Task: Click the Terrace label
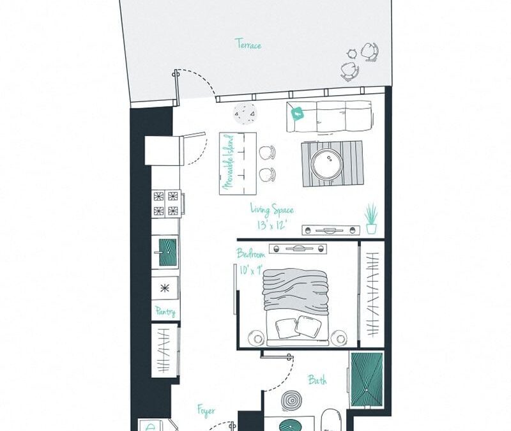tap(248, 45)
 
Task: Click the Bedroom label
tap(250, 253)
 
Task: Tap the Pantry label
tap(165, 312)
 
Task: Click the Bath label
tap(317, 381)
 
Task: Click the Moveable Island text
tap(228, 163)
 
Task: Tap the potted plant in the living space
tap(371, 218)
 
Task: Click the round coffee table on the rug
tap(328, 164)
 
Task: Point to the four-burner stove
tap(165, 203)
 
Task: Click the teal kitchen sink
tap(167, 252)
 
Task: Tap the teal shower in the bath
tap(366, 379)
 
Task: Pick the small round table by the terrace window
tap(246, 115)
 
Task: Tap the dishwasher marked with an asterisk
tap(165, 288)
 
